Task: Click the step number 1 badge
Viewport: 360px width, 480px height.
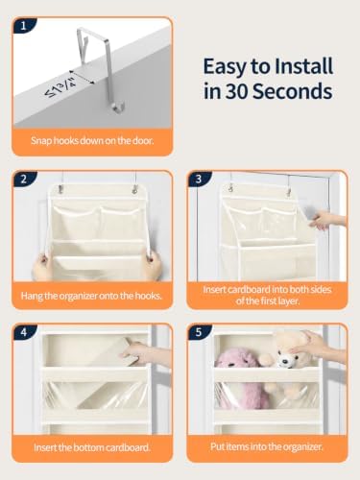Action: (x=23, y=26)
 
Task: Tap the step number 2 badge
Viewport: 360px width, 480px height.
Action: (x=24, y=179)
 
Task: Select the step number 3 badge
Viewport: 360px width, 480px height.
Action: (x=199, y=179)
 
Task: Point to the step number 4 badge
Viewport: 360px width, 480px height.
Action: (x=24, y=332)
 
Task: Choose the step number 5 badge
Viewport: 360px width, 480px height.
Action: (x=199, y=332)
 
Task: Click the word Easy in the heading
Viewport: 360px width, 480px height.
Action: (x=225, y=67)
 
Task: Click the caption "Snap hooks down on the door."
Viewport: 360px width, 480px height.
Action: (x=92, y=140)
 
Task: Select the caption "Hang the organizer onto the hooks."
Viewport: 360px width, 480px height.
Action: (x=91, y=296)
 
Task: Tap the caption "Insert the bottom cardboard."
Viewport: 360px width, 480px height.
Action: (x=92, y=447)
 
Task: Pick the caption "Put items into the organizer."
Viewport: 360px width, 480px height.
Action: (x=267, y=446)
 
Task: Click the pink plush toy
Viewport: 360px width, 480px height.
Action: (x=242, y=376)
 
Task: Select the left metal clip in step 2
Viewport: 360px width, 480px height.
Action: (x=60, y=190)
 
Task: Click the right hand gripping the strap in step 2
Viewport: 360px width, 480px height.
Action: (x=153, y=263)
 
